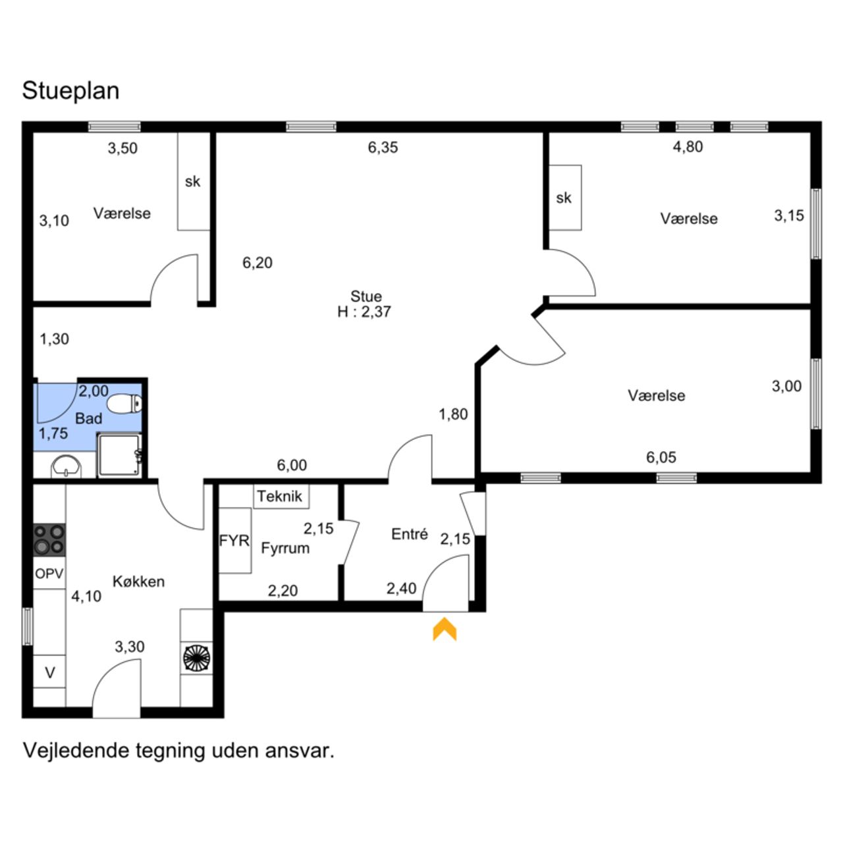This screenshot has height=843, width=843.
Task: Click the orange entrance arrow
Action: click(x=445, y=629)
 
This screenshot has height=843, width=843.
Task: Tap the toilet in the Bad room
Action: click(x=125, y=403)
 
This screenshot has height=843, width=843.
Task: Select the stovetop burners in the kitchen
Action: click(x=49, y=540)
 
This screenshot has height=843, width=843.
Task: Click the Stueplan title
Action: click(x=70, y=90)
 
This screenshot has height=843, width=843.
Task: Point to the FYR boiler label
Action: click(x=234, y=541)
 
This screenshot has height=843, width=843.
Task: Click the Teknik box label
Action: click(x=279, y=496)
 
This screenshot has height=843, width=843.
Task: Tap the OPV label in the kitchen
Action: click(x=49, y=573)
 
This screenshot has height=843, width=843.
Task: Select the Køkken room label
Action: click(x=139, y=582)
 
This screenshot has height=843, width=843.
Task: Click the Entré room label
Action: click(x=410, y=533)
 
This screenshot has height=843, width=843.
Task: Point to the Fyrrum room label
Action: click(x=285, y=548)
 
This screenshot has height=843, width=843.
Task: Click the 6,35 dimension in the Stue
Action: click(x=383, y=148)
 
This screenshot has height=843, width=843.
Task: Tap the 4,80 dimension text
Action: click(x=688, y=147)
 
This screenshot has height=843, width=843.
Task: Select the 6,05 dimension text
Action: click(x=661, y=457)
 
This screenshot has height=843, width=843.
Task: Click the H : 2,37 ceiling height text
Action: click(x=364, y=312)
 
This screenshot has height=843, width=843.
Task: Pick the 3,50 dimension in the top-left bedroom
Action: click(x=123, y=148)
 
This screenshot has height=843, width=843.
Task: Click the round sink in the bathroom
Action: click(x=66, y=467)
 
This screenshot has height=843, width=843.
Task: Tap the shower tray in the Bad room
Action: click(x=119, y=455)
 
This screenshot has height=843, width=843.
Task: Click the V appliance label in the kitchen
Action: click(x=50, y=672)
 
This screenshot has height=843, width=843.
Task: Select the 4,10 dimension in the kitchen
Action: click(x=86, y=596)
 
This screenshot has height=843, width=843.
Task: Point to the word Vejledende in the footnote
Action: click(x=76, y=750)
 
